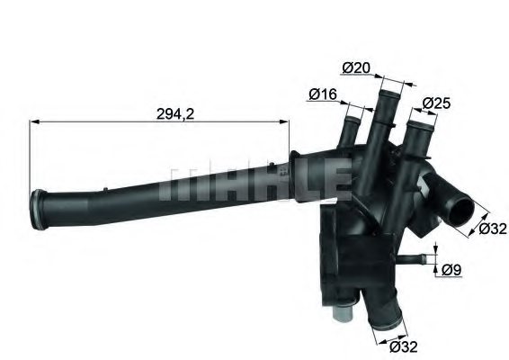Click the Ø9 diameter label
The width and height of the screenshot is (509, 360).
[x=453, y=267]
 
